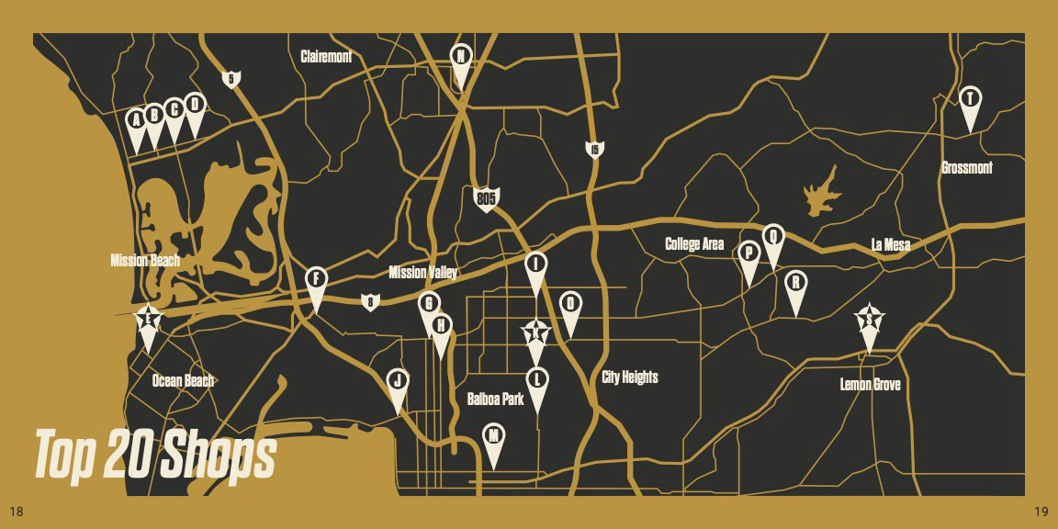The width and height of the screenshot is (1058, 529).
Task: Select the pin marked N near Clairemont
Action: tap(461, 57)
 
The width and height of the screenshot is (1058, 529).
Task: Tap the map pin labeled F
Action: tap(316, 279)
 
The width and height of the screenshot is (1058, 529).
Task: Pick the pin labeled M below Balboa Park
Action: tap(494, 436)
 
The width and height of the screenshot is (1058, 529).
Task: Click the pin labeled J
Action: tap(398, 381)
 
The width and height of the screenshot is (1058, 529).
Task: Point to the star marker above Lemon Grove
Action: tap(869, 321)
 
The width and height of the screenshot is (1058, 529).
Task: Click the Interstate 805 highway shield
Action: tap(486, 198)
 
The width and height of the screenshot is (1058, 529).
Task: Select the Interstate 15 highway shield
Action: tap(594, 149)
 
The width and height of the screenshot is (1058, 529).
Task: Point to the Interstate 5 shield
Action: tap(231, 79)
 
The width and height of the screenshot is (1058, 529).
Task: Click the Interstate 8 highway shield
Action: tap(369, 301)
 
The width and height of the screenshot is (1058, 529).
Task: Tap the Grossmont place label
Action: tap(967, 168)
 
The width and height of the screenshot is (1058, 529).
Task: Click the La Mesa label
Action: tap(890, 244)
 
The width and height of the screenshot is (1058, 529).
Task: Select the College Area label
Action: tap(694, 244)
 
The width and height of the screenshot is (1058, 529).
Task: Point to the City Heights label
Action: tap(630, 377)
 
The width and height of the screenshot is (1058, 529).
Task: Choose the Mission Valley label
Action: tap(422, 273)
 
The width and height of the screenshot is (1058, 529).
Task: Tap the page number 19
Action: tap(1041, 511)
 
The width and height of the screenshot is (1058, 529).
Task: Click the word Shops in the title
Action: tap(217, 456)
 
